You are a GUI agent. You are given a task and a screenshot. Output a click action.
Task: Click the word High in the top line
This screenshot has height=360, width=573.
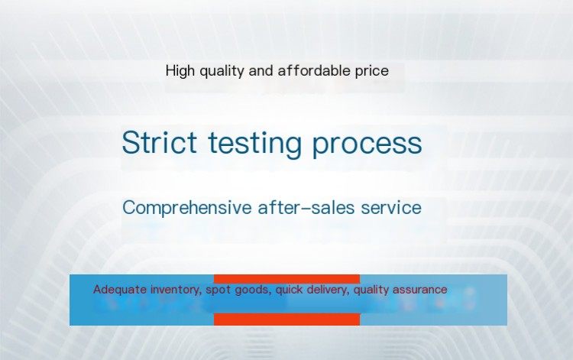[180, 70]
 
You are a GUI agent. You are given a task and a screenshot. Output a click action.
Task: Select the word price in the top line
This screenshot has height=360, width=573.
[372, 71]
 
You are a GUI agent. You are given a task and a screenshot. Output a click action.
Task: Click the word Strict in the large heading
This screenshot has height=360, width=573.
[160, 142]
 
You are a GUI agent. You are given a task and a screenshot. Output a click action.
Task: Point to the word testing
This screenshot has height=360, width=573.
[254, 144]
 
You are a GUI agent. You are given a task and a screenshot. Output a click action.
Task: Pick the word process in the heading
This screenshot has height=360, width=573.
[367, 144]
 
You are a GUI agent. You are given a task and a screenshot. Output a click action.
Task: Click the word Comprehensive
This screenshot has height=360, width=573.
[186, 208]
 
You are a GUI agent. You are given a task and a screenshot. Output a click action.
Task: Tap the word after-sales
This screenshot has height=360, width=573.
[306, 207]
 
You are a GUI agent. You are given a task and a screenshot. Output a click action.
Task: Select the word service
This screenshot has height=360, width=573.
[391, 208]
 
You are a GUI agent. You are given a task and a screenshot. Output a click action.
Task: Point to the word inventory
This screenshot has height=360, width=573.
[176, 290]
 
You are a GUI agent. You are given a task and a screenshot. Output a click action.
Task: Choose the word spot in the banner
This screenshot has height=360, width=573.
[219, 290]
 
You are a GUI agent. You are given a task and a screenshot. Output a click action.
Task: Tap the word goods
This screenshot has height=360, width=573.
[253, 290]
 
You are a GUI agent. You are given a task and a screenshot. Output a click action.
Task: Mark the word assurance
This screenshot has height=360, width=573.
[420, 290]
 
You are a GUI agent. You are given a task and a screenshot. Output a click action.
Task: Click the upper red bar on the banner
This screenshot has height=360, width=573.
[286, 279]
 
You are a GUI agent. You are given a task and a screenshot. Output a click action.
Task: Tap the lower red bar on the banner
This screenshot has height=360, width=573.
[286, 319]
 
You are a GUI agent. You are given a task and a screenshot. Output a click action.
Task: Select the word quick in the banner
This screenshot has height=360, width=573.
[289, 290]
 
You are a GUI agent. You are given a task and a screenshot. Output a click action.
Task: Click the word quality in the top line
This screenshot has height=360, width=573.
[222, 71]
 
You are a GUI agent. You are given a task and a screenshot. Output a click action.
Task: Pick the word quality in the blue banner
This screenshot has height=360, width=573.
[371, 290]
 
